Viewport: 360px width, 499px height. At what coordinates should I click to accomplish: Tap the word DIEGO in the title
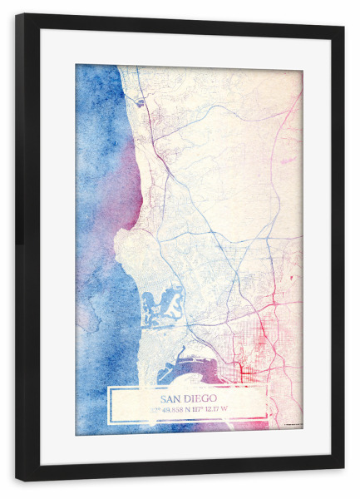[201, 398]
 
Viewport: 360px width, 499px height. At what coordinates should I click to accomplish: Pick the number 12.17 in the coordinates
[222, 409]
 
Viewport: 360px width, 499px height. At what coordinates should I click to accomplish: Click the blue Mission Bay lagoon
[162, 304]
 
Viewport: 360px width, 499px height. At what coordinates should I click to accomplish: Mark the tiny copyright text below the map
[291, 426]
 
